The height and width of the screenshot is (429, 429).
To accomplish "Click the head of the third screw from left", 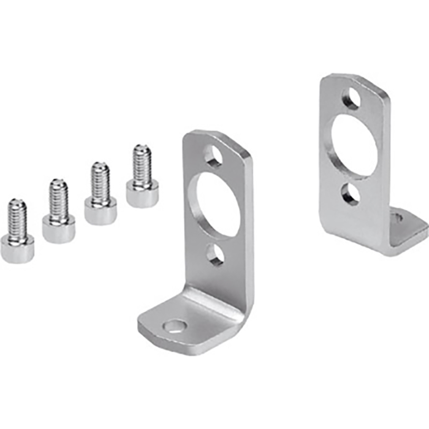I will click(x=101, y=212).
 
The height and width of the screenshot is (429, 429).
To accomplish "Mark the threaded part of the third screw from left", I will click(x=101, y=181).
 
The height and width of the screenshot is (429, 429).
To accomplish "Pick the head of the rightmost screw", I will click(x=142, y=194).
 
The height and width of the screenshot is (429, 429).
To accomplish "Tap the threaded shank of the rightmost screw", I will click(x=142, y=163).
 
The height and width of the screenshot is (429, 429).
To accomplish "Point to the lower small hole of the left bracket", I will click(x=215, y=254).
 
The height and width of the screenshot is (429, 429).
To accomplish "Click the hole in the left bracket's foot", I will click(x=175, y=327).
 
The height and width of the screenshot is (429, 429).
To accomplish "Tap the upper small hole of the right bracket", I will click(x=351, y=98).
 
